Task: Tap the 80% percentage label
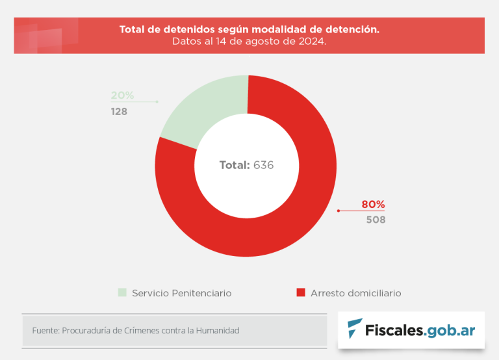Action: point(373,205)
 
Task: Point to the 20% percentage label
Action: point(122,96)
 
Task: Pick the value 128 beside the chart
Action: point(119,111)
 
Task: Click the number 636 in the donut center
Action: point(263,165)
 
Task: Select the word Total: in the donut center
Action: point(235,165)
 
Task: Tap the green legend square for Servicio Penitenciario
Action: point(122,292)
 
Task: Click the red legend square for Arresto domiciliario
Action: point(300,292)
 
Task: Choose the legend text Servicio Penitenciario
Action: point(181,293)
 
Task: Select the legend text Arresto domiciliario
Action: point(355,293)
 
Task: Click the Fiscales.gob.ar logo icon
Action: point(355,328)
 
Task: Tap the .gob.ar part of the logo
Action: point(450,329)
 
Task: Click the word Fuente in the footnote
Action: point(44,331)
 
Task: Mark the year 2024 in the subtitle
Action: point(311,42)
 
